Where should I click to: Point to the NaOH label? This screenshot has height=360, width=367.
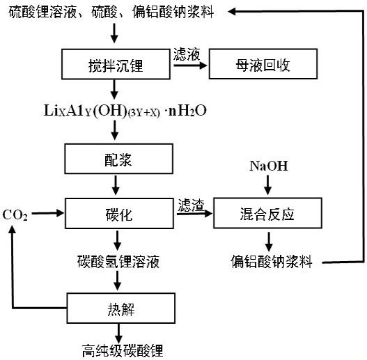[268, 167]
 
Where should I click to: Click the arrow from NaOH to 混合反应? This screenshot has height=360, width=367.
[268, 186]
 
